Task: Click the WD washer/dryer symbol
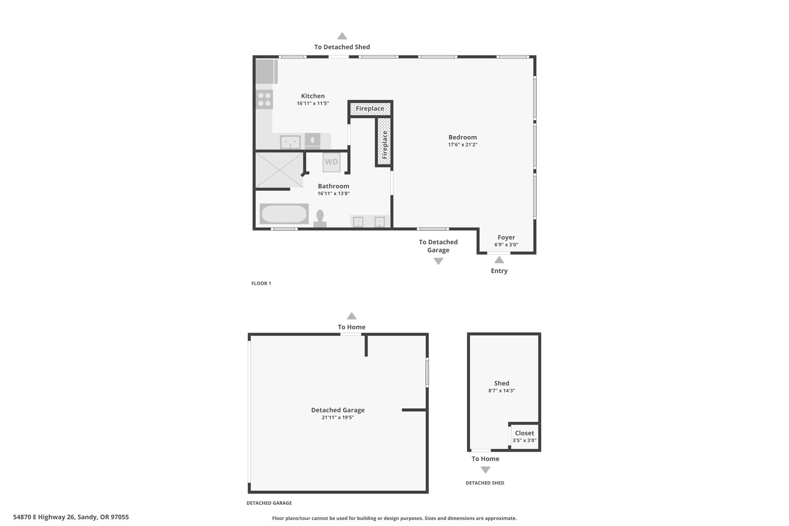331,162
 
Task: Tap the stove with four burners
264,99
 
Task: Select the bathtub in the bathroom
284,214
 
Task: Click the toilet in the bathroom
320,219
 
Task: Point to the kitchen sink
290,142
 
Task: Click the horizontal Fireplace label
370,109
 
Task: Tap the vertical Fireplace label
384,145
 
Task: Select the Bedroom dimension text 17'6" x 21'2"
463,145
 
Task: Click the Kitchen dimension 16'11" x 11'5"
313,103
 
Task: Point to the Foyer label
506,237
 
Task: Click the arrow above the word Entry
499,260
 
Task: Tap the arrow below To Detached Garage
438,261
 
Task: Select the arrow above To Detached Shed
342,36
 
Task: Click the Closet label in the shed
524,433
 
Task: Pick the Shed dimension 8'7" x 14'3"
502,390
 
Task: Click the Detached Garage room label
338,410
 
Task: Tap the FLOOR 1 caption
261,283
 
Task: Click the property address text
71,517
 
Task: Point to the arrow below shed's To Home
485,470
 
